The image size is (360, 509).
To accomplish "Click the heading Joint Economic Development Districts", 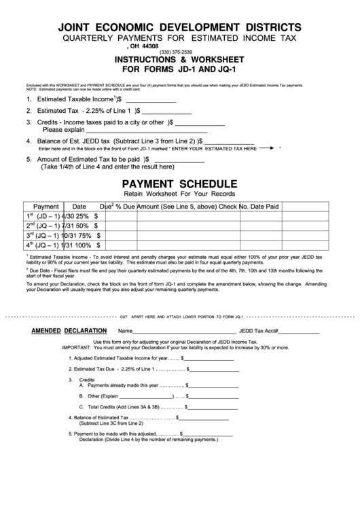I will pos(180,27).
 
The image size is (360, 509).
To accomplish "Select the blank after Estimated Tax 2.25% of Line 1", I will pos(167,111).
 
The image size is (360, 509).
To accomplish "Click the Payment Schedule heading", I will pos(179,184).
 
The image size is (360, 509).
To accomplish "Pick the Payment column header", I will pos(46,206).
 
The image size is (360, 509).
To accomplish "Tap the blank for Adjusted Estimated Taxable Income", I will pos(208,358).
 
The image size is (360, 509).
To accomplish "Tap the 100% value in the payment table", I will pos(84,245).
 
